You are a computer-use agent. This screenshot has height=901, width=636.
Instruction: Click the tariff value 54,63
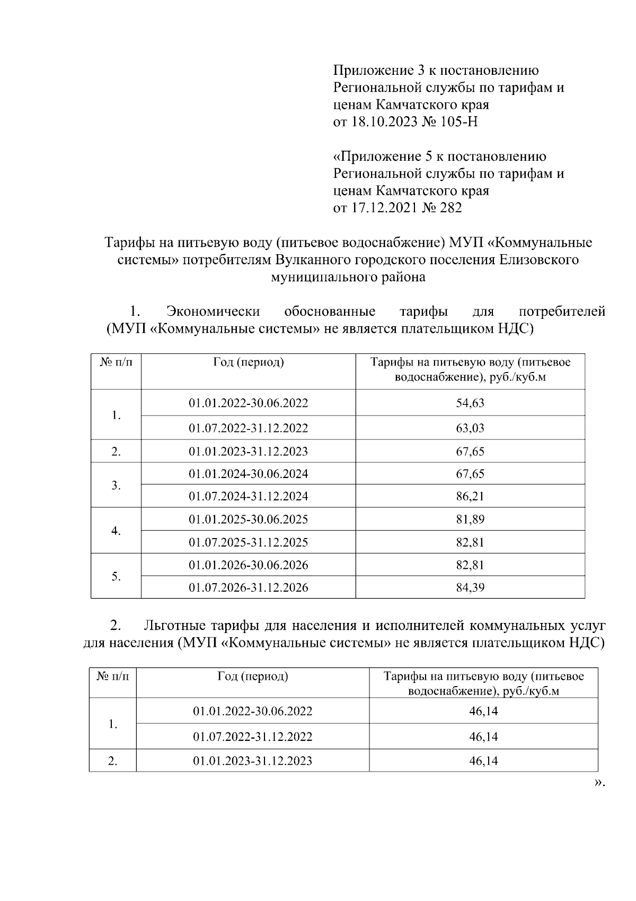[470, 403]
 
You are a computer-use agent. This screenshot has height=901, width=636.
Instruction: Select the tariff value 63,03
[470, 428]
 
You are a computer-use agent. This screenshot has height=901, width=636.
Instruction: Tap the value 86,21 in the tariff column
[470, 496]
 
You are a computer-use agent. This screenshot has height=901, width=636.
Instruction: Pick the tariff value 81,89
[470, 519]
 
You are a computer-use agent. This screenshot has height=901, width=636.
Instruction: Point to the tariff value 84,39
[470, 587]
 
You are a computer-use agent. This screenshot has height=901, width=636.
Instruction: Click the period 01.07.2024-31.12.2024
[249, 496]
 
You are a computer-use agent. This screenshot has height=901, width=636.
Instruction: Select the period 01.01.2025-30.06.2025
[249, 519]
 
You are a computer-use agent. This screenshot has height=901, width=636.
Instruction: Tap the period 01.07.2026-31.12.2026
[249, 587]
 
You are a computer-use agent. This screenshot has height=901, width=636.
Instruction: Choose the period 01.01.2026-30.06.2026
[249, 565]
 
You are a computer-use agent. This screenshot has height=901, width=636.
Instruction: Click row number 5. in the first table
[117, 576]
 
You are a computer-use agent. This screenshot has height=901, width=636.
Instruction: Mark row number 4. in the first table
[117, 531]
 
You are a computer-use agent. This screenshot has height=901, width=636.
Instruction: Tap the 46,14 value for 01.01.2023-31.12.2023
[483, 760]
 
